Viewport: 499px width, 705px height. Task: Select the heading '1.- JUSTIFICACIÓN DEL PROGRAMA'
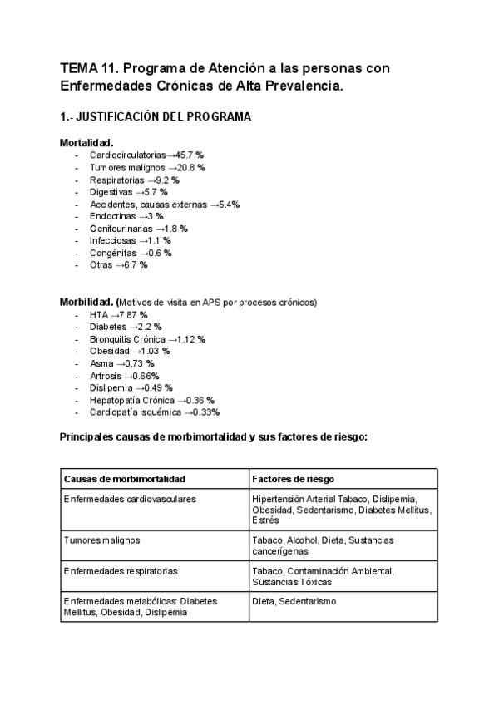155,117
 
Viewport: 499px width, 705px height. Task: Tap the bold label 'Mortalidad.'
86,143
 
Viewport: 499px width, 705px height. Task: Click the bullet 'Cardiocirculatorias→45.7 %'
146,155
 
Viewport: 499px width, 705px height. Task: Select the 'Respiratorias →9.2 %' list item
134,180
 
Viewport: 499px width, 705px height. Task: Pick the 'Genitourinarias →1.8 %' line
138,228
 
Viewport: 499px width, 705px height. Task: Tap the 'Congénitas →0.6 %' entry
131,253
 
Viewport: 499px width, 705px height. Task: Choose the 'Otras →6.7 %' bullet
118,264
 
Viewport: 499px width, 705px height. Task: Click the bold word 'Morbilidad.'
86,302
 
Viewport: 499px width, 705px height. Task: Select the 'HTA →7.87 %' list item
118,315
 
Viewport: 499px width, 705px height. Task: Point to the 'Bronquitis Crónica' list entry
127,339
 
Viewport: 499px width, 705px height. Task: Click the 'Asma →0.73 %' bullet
121,363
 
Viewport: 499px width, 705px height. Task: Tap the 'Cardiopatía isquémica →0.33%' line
154,412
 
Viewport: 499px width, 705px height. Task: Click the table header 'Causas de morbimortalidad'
124,479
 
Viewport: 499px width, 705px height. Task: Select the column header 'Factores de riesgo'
292,479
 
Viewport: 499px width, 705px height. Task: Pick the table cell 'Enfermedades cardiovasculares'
130,498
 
